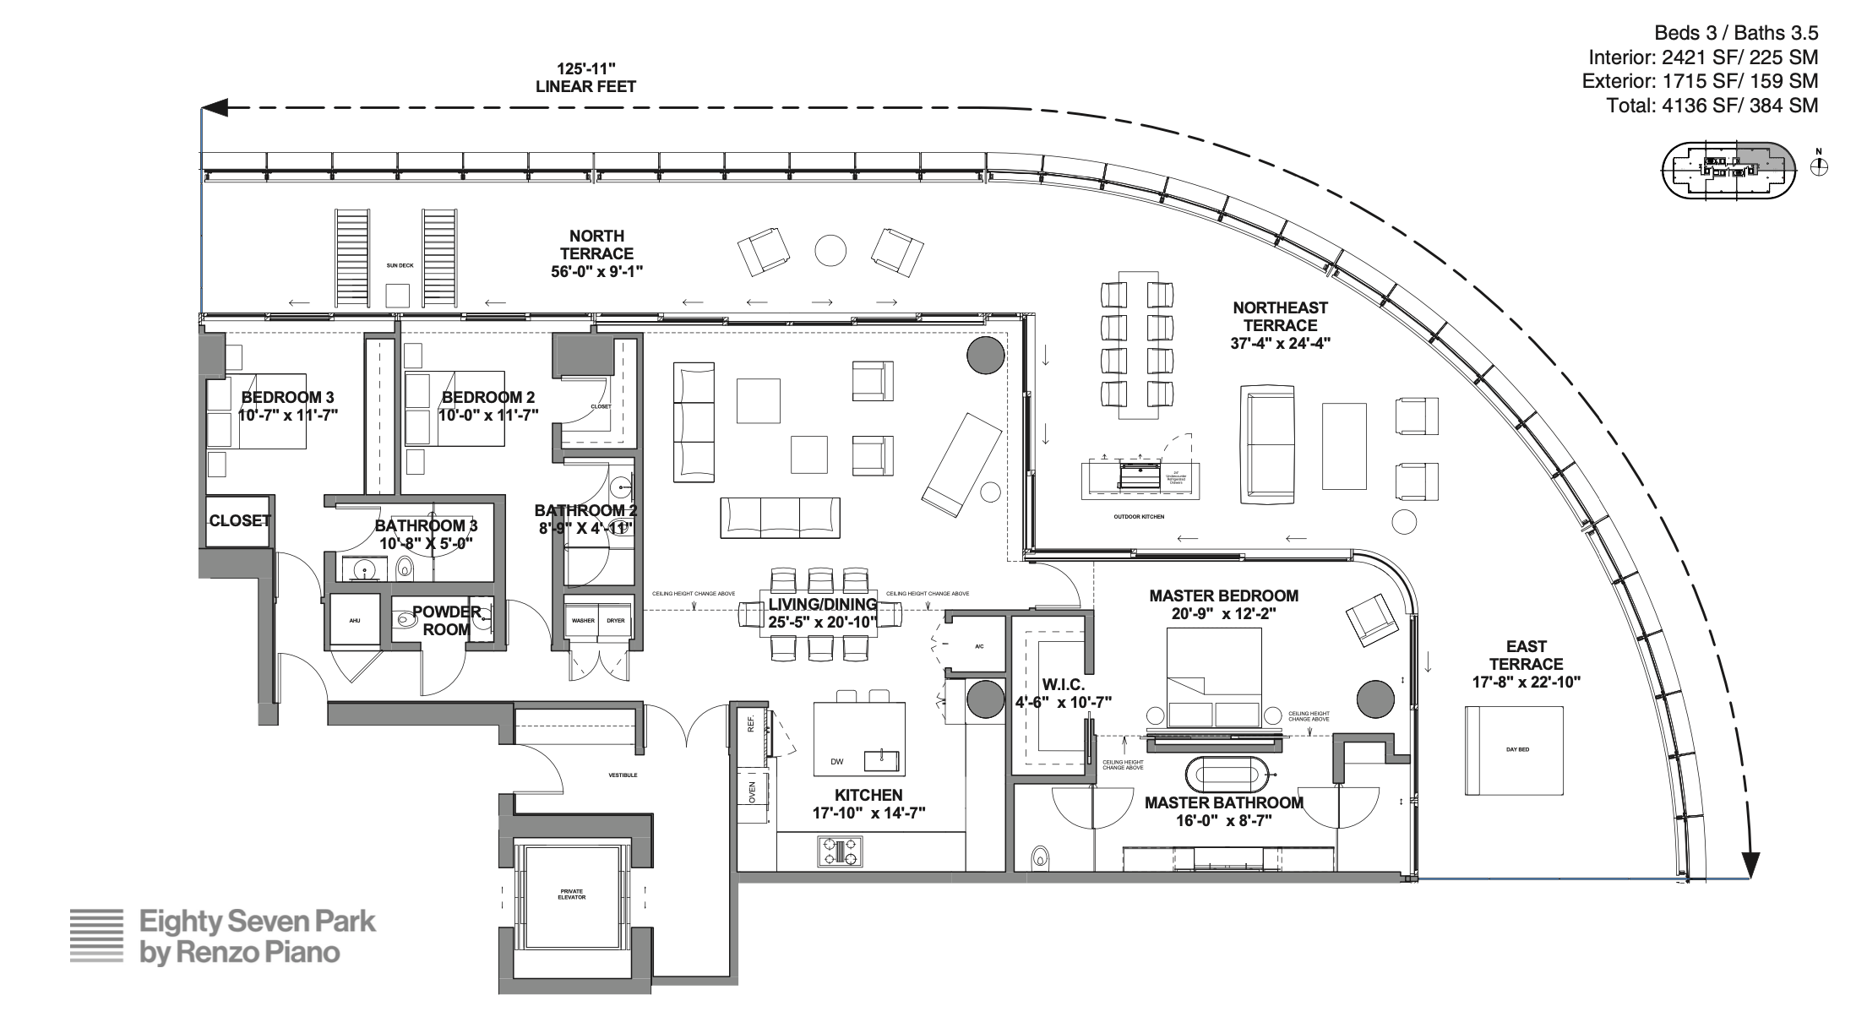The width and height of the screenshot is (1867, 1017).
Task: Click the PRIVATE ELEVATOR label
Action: pos(571,894)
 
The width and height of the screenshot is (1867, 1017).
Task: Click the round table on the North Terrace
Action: pos(830,250)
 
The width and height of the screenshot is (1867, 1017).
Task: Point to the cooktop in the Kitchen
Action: pos(840,851)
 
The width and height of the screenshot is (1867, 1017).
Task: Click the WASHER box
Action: pos(583,620)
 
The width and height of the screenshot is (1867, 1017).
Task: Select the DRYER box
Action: pos(616,620)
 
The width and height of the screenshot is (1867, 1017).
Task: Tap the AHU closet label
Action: pos(355,621)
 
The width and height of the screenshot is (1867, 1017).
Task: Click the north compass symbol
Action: pos(1819,166)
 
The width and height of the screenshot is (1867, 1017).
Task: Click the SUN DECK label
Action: pos(400,266)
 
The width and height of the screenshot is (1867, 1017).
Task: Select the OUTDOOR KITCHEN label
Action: pos(1139,516)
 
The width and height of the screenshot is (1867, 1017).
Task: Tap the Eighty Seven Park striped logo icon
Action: pos(95,936)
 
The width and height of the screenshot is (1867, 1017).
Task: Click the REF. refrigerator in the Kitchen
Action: pos(750,725)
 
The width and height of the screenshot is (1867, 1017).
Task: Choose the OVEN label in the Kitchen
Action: pos(752,791)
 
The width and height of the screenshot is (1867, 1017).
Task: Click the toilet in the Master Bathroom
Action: pos(1040,858)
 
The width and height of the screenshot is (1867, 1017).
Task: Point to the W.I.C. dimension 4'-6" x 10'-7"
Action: pos(1063,702)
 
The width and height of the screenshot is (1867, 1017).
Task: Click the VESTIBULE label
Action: pos(623,775)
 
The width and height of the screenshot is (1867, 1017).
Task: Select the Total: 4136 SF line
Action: pos(1712,106)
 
